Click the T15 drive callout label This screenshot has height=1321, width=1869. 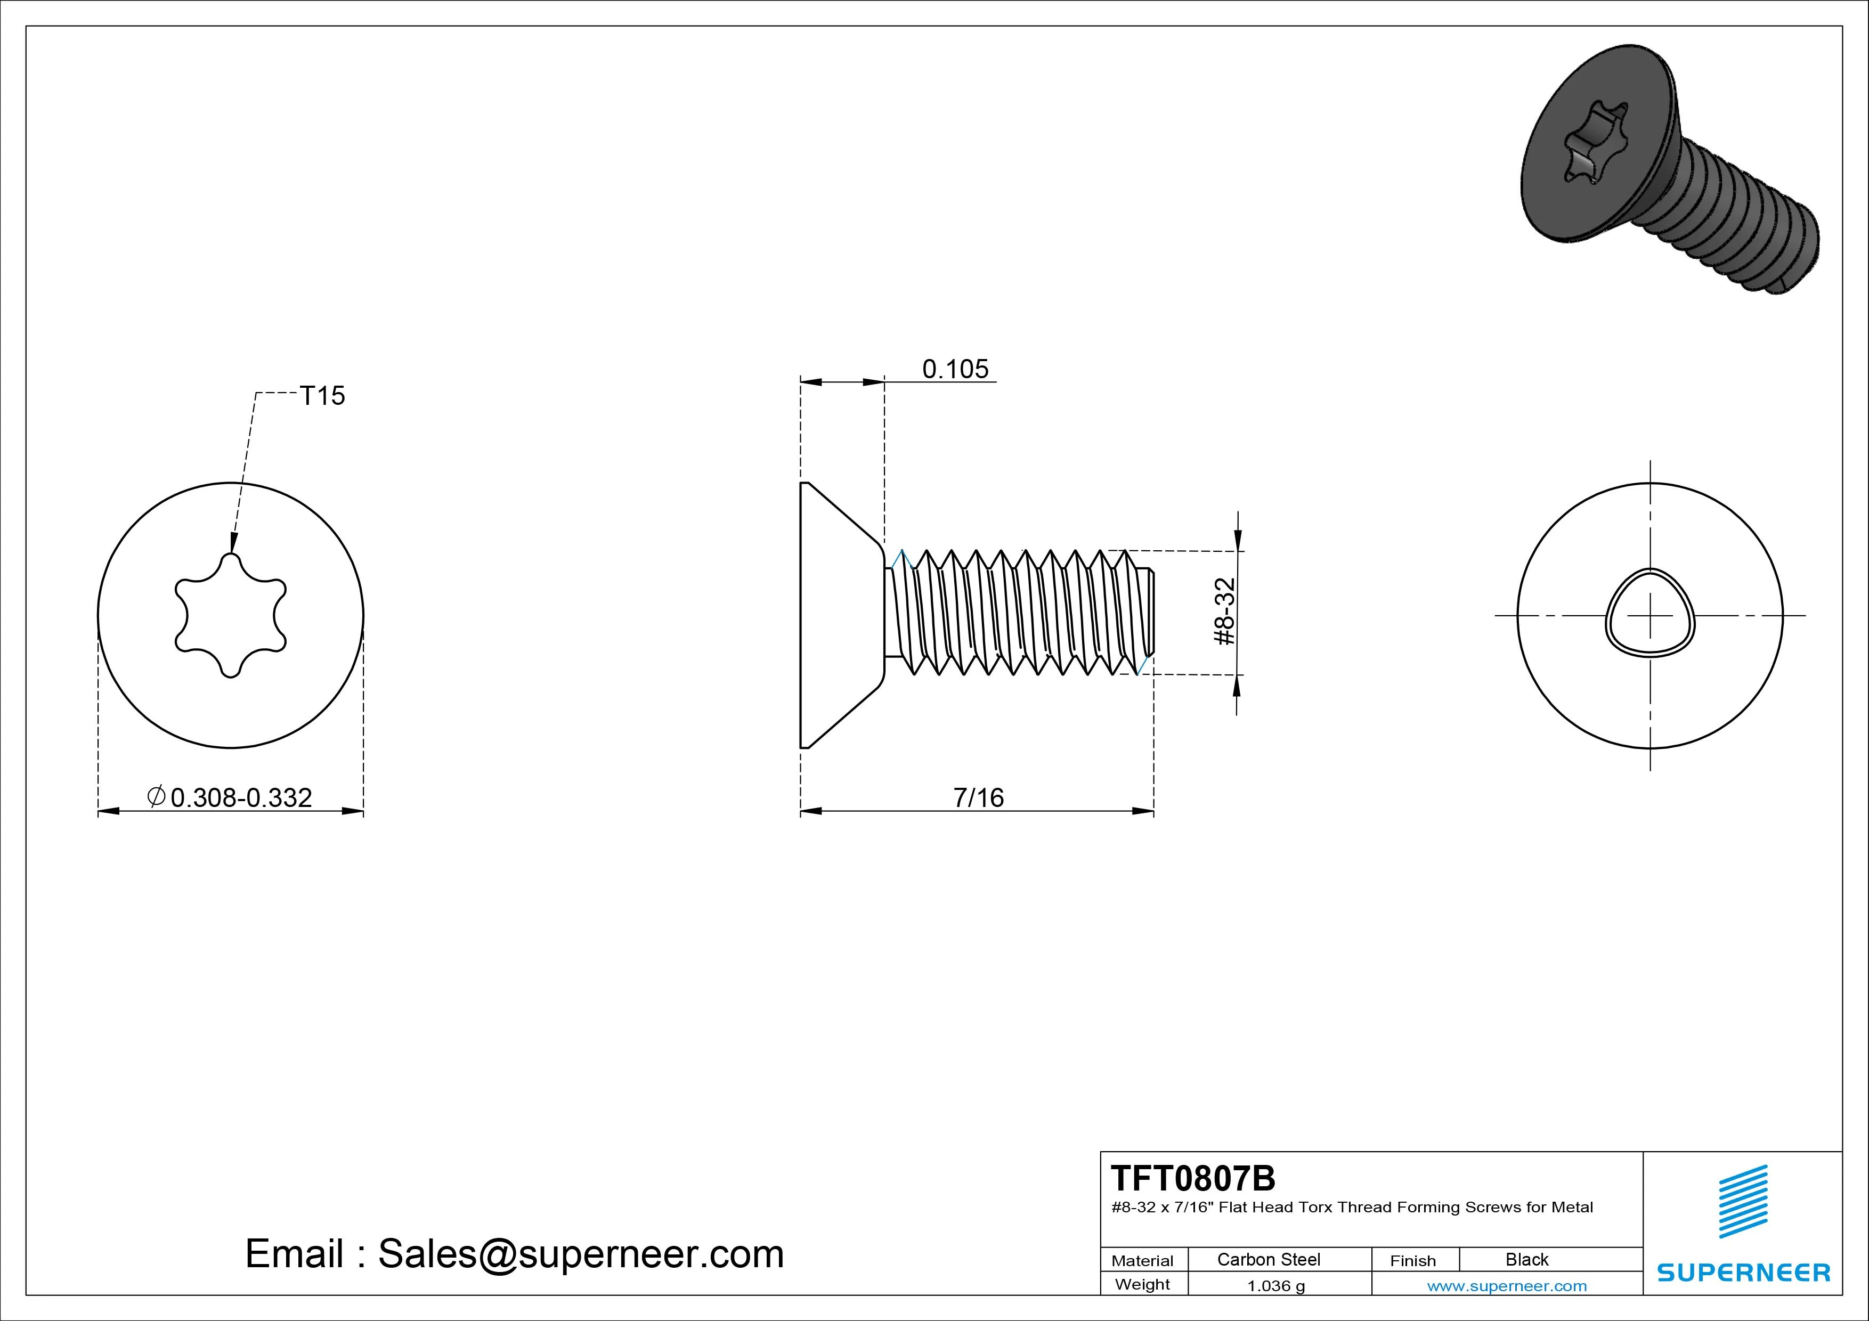point(322,396)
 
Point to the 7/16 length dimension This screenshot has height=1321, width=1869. point(979,797)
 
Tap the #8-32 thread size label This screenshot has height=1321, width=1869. point(1225,612)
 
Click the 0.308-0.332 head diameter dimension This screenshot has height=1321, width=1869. point(230,797)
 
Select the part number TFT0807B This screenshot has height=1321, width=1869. point(1193,1178)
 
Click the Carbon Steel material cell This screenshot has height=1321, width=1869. point(1268,1259)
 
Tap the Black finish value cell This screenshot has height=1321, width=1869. point(1527,1259)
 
